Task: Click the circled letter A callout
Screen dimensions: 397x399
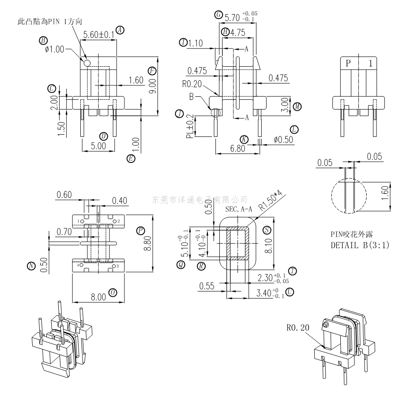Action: point(120,30)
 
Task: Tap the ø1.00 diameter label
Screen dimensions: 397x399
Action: point(54,49)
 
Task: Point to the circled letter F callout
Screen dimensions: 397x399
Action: point(152,71)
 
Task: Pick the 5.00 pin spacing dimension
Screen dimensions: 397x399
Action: point(98,146)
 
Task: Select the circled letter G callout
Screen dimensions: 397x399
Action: point(218,15)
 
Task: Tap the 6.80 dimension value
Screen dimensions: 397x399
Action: point(237,148)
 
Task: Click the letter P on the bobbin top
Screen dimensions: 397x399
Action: point(349,63)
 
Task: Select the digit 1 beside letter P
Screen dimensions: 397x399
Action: point(370,63)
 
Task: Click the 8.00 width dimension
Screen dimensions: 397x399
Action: point(98,297)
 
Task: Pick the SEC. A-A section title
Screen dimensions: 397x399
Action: point(238,208)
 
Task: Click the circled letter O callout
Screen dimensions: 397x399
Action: point(113,293)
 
